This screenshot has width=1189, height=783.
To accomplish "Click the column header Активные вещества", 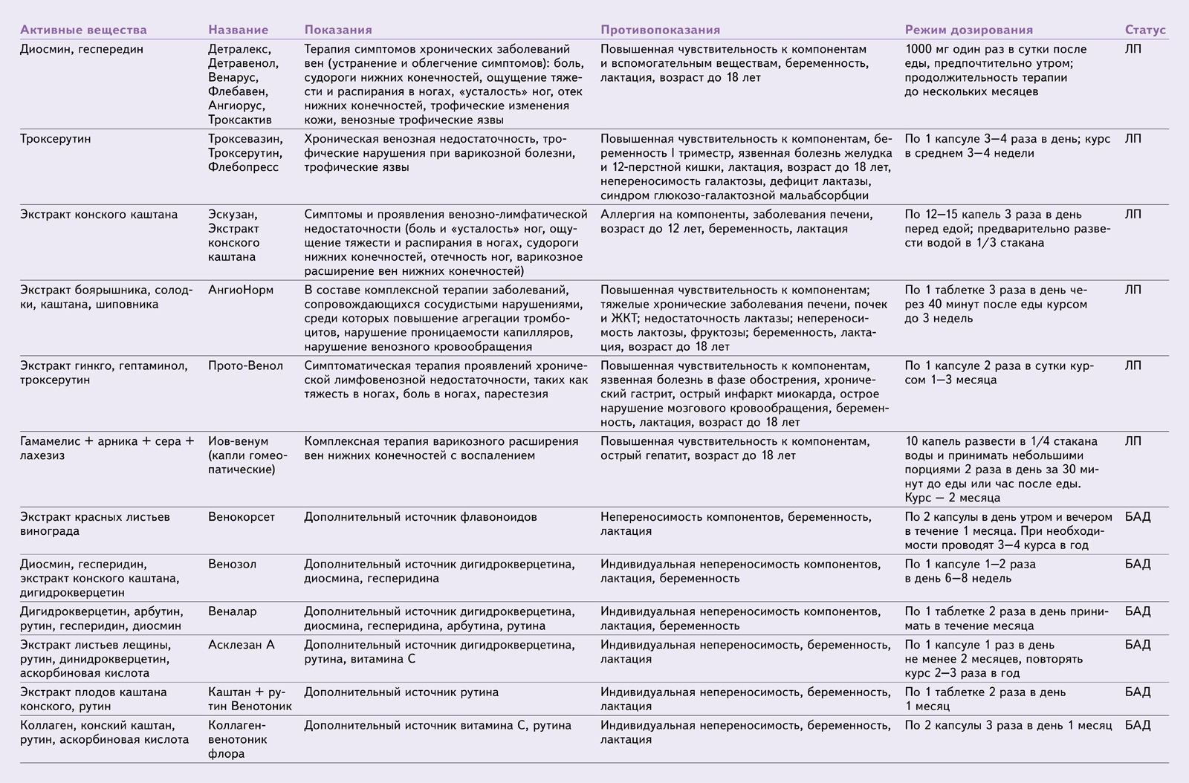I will pyautogui.click(x=83, y=30).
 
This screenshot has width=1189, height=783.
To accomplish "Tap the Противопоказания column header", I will pyautogui.click(x=660, y=30).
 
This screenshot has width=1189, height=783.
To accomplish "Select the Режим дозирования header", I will pyautogui.click(x=968, y=30).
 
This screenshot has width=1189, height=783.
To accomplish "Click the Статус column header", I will pyautogui.click(x=1145, y=30).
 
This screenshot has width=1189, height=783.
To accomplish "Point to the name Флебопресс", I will pyautogui.click(x=244, y=167).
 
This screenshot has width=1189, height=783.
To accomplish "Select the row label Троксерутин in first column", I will pyautogui.click(x=56, y=139).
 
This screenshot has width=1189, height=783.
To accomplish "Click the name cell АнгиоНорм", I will pyautogui.click(x=241, y=290).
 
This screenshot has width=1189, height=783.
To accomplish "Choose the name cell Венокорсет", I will pyautogui.click(x=242, y=517).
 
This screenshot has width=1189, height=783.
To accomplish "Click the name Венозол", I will pyautogui.click(x=232, y=564).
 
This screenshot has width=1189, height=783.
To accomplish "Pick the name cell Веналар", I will pyautogui.click(x=232, y=611).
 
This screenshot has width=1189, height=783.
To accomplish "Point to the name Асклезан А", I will pyautogui.click(x=242, y=645).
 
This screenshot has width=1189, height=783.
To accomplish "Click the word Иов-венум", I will pyautogui.click(x=238, y=441).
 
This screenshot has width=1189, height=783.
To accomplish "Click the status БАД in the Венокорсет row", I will pyautogui.click(x=1137, y=517).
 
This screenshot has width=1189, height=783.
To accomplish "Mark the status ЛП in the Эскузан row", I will pyautogui.click(x=1133, y=215).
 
